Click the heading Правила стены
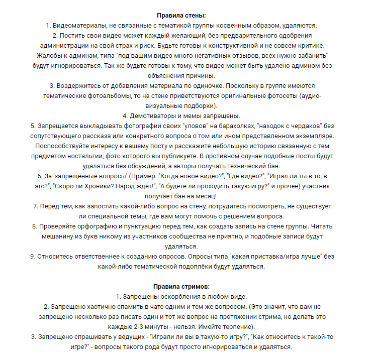(x=185, y=16)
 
